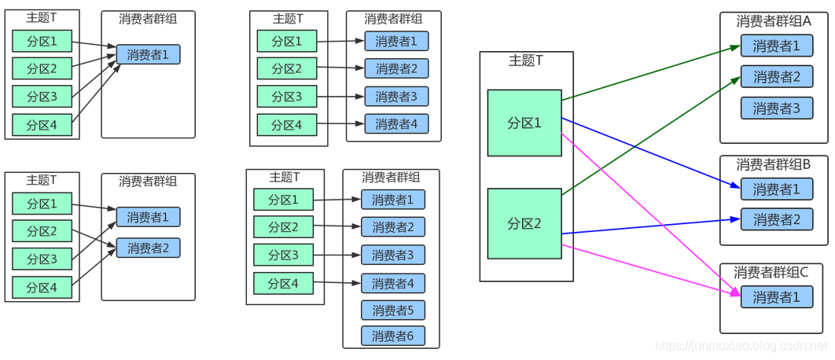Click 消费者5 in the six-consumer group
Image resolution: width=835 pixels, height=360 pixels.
click(393, 310)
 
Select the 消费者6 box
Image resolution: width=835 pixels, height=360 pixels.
click(393, 336)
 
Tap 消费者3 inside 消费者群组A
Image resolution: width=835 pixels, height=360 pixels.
click(776, 108)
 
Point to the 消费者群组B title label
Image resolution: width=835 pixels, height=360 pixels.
click(774, 164)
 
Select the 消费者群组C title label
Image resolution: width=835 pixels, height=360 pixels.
click(771, 272)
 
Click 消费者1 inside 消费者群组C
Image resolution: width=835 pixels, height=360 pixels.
click(776, 297)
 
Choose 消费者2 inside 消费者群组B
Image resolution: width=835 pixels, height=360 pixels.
click(776, 219)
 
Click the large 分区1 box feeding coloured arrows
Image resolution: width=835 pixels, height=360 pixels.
click(524, 123)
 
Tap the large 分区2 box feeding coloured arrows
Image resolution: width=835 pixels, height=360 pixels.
click(524, 223)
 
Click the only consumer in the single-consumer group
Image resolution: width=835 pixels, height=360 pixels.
click(149, 55)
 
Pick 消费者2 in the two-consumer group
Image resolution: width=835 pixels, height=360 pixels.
click(149, 248)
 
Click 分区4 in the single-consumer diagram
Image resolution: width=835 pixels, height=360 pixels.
click(42, 124)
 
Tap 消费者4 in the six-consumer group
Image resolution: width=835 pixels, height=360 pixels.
click(393, 283)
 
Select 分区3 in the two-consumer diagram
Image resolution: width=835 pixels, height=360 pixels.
click(42, 259)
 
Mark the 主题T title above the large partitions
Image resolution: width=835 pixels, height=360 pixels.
click(526, 61)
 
